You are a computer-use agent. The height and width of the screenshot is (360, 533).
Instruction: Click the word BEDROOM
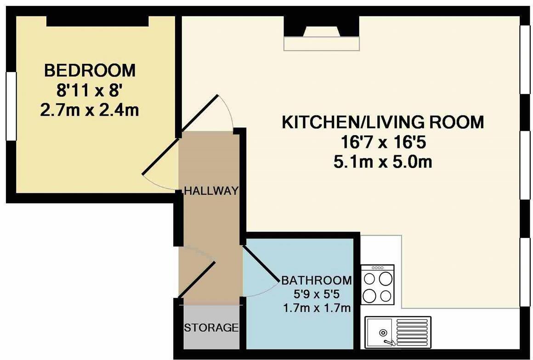[x=90, y=71]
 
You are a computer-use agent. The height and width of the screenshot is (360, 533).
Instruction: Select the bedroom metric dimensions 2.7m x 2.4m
[x=90, y=110]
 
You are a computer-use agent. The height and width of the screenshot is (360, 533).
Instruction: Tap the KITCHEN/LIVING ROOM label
[x=382, y=123]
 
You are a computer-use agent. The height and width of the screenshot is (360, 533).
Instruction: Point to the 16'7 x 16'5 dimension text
[x=382, y=143]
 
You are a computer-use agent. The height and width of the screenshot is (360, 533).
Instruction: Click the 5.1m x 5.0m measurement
[x=382, y=162]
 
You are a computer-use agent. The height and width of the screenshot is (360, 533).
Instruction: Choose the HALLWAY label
[x=211, y=191]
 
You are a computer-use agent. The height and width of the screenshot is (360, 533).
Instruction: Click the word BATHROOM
[x=317, y=280]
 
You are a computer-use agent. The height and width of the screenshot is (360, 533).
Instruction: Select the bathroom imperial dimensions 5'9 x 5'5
[x=317, y=293]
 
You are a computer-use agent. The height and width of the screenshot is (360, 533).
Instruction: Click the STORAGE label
[x=211, y=328]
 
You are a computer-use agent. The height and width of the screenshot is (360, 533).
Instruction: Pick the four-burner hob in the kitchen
[x=377, y=285]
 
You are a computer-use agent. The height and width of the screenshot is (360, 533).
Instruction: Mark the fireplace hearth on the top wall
[x=321, y=44]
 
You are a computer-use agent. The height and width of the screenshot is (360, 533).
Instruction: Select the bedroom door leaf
[x=160, y=157]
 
